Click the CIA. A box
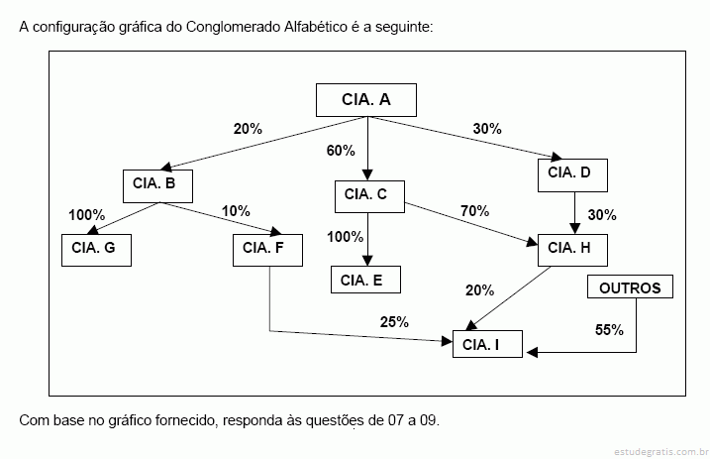point(365,100)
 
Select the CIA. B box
point(157,186)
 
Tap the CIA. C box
point(369,196)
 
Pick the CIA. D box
point(572,175)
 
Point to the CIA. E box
point(365,280)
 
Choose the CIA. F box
point(267,250)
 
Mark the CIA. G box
point(96,250)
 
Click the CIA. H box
point(572,250)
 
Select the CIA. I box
point(487,344)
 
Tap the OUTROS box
point(630,287)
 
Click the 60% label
point(341,151)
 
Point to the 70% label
point(474,211)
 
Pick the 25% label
point(394,322)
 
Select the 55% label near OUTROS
point(609,330)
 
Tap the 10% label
point(236,211)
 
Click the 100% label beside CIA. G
point(86,215)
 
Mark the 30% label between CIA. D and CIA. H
point(602,215)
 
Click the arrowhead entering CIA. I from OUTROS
point(532,352)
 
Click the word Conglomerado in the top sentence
point(233,27)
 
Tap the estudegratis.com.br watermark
point(661,452)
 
